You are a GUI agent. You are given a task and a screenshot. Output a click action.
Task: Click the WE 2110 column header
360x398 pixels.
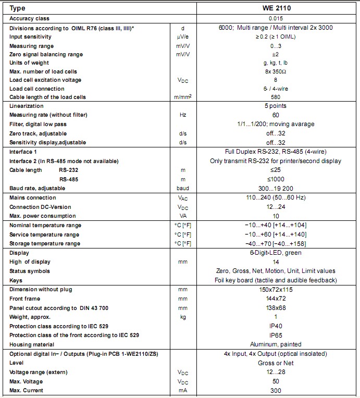tap(276, 8)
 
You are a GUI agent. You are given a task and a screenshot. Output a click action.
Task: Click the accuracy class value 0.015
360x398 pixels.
tap(276, 19)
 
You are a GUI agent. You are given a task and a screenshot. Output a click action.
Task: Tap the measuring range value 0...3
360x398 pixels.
tap(276, 46)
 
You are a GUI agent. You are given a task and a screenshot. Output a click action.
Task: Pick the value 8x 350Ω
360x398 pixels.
tap(276, 71)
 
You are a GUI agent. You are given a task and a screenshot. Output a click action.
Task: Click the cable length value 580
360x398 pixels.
tap(276, 97)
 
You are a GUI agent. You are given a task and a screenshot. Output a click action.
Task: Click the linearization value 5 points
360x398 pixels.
tap(276, 106)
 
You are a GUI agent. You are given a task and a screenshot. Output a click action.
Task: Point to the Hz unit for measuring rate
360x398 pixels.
tap(182, 115)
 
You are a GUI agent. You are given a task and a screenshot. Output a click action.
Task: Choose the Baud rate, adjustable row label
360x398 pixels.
tap(35, 188)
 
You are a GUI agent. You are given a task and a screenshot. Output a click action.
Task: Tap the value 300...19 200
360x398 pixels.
tap(276, 188)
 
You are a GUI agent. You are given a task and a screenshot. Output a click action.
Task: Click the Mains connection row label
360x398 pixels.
tap(32, 198)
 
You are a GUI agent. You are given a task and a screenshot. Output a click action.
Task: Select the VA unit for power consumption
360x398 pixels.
tap(182, 216)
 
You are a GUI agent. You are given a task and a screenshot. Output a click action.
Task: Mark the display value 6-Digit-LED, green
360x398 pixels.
tap(276, 253)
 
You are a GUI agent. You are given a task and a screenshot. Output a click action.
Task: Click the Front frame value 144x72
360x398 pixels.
tap(276, 299)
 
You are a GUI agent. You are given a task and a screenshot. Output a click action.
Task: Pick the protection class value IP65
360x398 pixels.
tap(276, 335)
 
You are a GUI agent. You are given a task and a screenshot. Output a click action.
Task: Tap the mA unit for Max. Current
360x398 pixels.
tap(182, 390)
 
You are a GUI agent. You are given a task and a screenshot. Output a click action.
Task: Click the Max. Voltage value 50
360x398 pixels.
tap(276, 381)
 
